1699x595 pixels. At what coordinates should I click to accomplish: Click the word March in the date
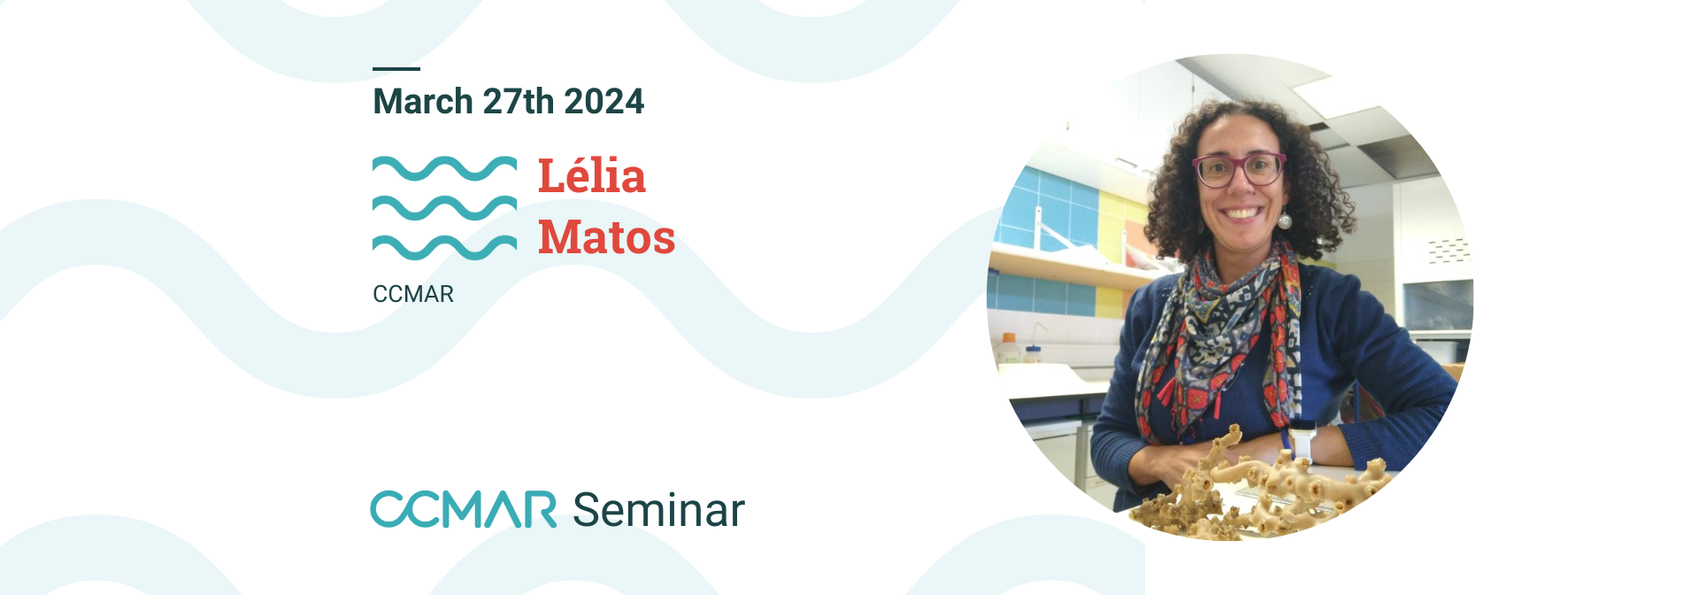pos(423,102)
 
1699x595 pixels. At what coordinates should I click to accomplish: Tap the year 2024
pos(603,102)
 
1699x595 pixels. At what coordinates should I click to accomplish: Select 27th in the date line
pos(519,102)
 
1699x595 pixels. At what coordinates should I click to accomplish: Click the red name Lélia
pos(592,175)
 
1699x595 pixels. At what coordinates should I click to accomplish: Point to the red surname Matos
pos(607,236)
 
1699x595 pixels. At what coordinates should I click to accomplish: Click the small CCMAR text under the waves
pos(413,294)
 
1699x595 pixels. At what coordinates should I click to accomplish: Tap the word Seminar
pos(659,510)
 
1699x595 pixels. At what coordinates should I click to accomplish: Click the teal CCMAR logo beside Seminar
pos(464,509)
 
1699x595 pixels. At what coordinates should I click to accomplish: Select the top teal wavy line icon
pos(444,168)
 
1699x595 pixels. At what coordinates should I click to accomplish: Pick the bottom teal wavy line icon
pos(444,248)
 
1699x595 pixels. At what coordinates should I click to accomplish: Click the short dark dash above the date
pos(396,68)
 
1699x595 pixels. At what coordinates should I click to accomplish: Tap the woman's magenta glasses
pos(1239,169)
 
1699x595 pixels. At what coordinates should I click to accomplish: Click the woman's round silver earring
pos(1283,220)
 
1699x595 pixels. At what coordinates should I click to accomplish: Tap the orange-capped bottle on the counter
pos(1008,349)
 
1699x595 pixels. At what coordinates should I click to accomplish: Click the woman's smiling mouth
pos(1242,213)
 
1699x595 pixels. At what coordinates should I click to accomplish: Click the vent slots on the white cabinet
pos(1448,250)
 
